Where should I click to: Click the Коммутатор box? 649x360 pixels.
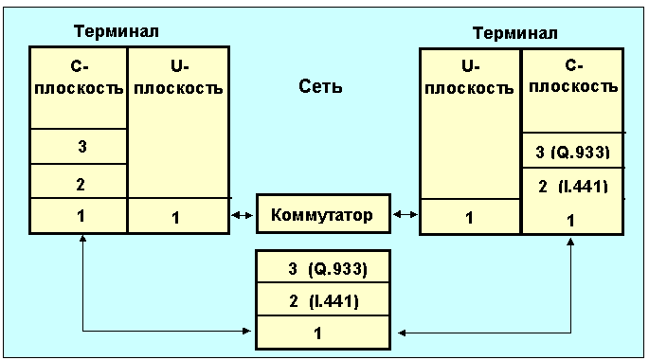[323, 214]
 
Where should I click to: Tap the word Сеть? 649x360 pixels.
[320, 86]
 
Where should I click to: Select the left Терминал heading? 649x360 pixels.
[117, 31]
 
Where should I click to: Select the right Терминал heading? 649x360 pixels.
[515, 33]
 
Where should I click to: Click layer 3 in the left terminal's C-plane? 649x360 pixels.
[81, 147]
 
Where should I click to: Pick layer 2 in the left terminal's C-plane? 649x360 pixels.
[81, 184]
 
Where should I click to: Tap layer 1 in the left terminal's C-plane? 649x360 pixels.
[81, 216]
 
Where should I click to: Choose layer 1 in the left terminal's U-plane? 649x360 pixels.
[175, 218]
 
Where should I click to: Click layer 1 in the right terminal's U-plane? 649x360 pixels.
[469, 218]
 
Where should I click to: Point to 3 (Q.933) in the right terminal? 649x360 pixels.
[573, 153]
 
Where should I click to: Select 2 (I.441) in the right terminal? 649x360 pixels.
[573, 187]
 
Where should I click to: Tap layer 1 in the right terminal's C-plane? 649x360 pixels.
[570, 221]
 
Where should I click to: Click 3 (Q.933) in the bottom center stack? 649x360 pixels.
[328, 269]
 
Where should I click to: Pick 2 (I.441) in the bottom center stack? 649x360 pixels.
[324, 301]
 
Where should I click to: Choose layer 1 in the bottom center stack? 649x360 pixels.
[317, 333]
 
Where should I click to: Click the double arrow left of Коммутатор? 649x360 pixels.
[243, 215]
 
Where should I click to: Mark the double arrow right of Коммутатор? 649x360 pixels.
[406, 214]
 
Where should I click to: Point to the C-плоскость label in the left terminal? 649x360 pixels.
[79, 78]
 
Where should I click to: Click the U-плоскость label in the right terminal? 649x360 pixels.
[469, 78]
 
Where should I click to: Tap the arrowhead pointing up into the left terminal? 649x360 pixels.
[82, 239]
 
